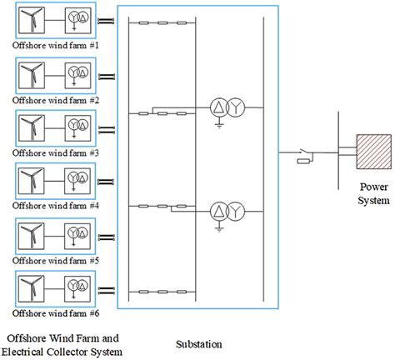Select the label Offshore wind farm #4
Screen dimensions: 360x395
click(x=55, y=205)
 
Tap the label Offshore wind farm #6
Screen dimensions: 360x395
click(x=55, y=312)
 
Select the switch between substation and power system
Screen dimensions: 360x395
click(x=307, y=152)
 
